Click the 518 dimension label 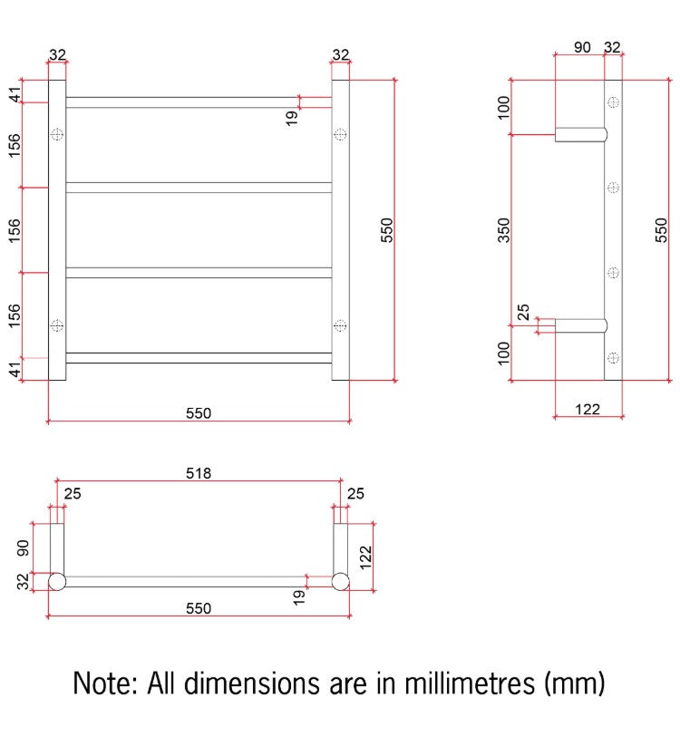(x=198, y=473)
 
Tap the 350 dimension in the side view (x=503, y=230)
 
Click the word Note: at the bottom (x=106, y=683)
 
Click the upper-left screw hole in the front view (x=57, y=135)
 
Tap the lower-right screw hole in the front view (x=340, y=325)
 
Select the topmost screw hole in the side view (x=614, y=102)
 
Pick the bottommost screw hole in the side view (x=614, y=357)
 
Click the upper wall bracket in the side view (x=581, y=135)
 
